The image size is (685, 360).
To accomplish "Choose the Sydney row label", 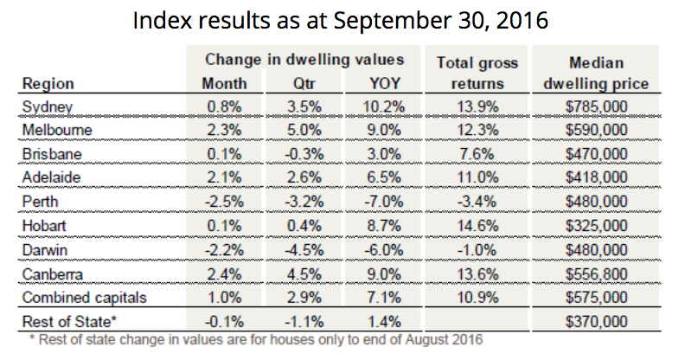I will [x=48, y=108].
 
